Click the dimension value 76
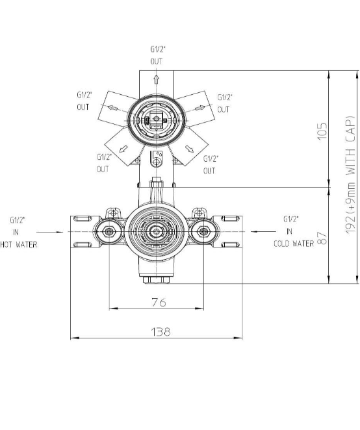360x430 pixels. click(159, 302)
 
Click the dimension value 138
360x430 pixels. click(161, 331)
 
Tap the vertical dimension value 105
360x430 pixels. click(322, 131)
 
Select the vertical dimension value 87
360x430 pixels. click(322, 238)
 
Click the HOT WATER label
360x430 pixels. click(19, 244)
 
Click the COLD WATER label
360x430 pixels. click(294, 244)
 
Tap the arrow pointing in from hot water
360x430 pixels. click(50, 232)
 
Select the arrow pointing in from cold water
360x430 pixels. click(263, 232)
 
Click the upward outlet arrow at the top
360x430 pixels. click(156, 79)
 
